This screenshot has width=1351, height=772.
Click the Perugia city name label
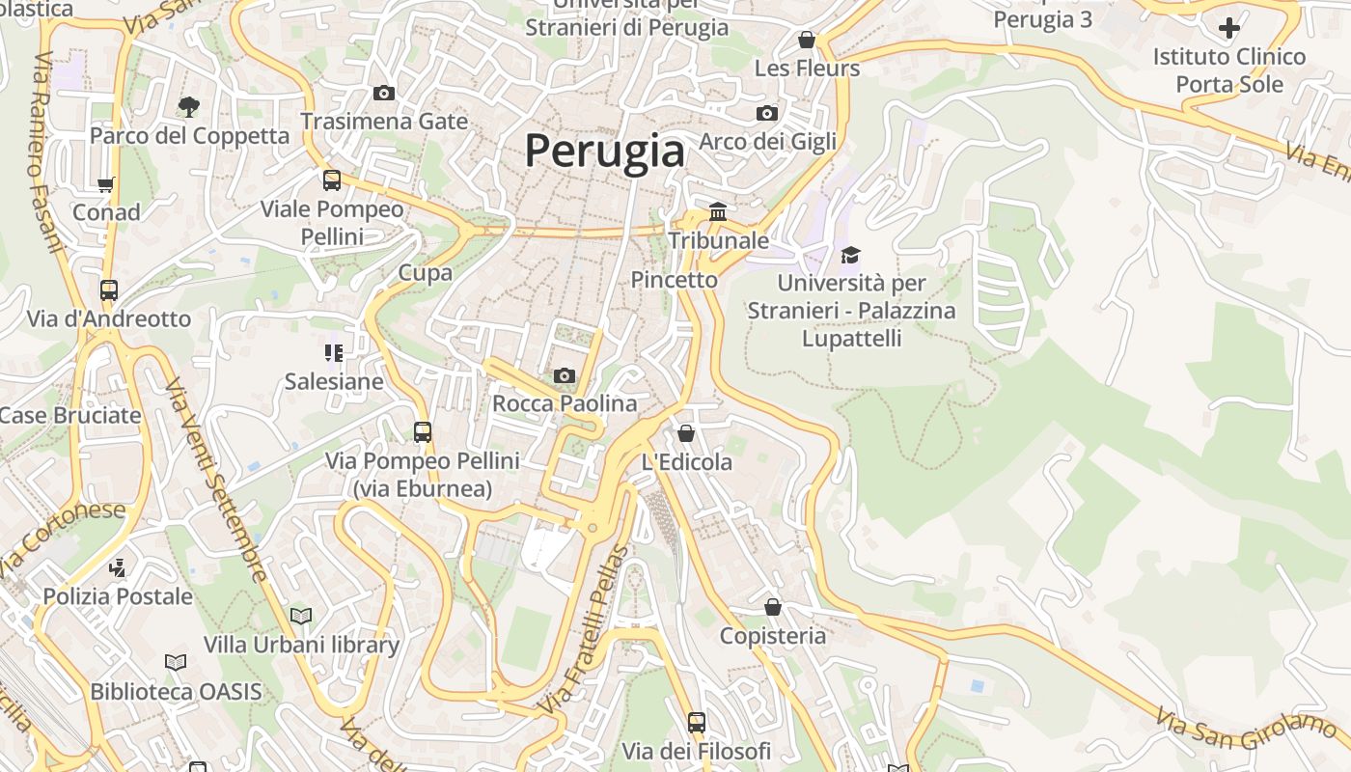605,152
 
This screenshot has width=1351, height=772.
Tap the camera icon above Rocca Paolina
565,375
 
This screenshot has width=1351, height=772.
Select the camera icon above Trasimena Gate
384,93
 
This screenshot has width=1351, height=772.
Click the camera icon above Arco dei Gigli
767,113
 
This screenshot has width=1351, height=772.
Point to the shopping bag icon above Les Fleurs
807,40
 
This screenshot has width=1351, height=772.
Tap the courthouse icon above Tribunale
718,211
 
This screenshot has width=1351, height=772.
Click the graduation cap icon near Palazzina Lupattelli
850,255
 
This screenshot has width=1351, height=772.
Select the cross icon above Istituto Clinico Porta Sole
1229,28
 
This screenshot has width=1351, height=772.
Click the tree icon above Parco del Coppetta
189,106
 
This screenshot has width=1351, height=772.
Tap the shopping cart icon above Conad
106,183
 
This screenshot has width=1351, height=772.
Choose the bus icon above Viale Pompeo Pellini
332,179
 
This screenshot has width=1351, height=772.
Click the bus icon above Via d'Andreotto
109,289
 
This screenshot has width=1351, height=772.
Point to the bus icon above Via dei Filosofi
697,722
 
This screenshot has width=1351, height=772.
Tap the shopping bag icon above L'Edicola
686,433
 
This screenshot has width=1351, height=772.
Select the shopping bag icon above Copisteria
773,607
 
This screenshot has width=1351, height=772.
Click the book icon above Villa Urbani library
301,616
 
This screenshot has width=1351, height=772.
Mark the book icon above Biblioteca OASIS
176,662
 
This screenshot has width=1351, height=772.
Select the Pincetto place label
675,280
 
